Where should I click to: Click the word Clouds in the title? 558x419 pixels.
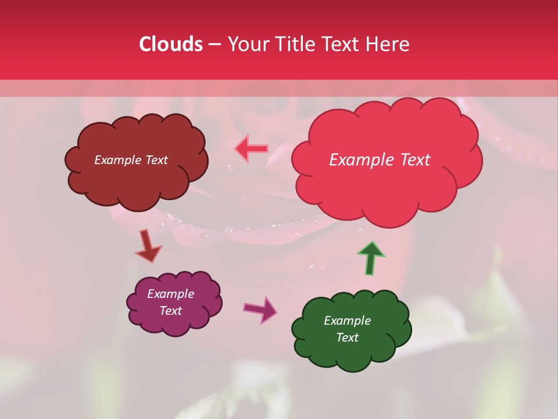171,44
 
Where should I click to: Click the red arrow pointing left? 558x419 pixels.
251,148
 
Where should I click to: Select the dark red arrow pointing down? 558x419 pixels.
148,246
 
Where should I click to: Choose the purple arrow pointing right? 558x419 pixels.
260,309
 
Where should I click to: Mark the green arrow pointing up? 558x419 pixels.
371,257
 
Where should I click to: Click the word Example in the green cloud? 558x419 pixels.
347,321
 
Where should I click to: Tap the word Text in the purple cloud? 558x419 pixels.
171,311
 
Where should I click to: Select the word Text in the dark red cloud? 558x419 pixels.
155,160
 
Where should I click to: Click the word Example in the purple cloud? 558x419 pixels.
171,294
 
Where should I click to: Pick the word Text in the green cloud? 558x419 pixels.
347,338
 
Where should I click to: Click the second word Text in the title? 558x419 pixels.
344,44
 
